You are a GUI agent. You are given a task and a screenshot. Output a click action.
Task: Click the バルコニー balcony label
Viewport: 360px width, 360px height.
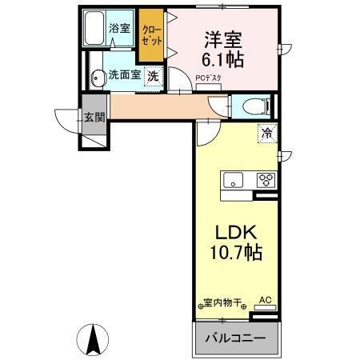pyautogui.click(x=236, y=336)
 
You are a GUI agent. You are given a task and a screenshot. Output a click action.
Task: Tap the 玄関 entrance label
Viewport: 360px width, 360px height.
pyautogui.click(x=94, y=117)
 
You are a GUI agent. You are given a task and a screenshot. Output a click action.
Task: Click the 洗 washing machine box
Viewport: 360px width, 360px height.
pyautogui.click(x=151, y=78)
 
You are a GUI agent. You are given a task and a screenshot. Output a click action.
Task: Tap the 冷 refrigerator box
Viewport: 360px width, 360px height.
pyautogui.click(x=265, y=134)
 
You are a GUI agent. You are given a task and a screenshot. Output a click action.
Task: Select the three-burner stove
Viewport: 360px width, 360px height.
pyautogui.click(x=265, y=179)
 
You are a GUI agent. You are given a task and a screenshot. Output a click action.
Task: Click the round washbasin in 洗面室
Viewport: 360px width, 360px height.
pyautogui.click(x=98, y=78)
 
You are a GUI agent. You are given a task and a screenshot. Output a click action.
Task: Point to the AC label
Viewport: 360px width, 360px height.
pyautogui.click(x=265, y=300)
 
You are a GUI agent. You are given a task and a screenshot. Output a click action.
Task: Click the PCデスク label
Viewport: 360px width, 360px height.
pyautogui.click(x=209, y=78)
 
